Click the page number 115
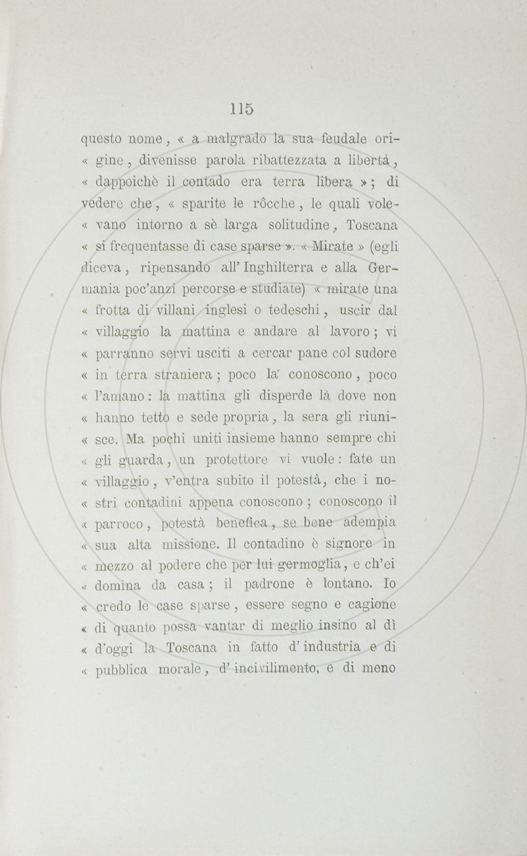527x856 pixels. (241, 108)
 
